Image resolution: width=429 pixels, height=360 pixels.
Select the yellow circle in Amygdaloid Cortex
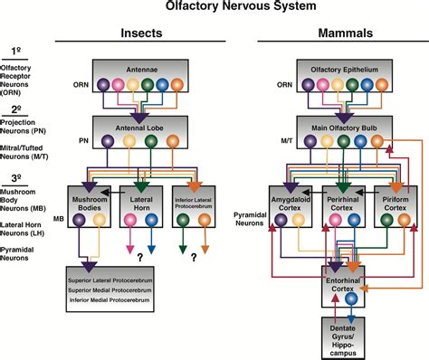click(300, 219)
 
